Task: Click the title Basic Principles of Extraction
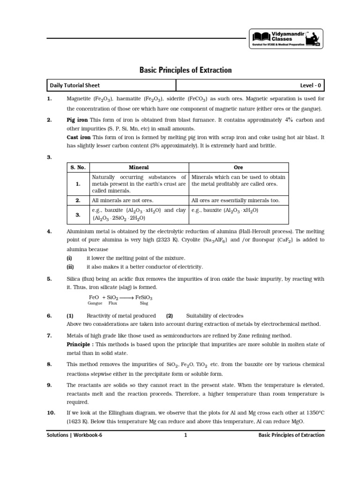tap(186, 70)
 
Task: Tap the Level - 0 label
tap(311, 85)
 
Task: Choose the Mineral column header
tap(139, 167)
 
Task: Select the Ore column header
tap(238, 167)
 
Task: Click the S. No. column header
tap(78, 167)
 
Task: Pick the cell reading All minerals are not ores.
tap(116, 200)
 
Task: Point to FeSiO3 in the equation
tap(144, 298)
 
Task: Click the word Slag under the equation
tap(144, 304)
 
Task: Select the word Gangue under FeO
tap(95, 304)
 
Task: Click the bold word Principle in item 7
tap(78, 344)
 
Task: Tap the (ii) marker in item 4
tap(69, 267)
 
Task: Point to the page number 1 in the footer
tap(186, 435)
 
